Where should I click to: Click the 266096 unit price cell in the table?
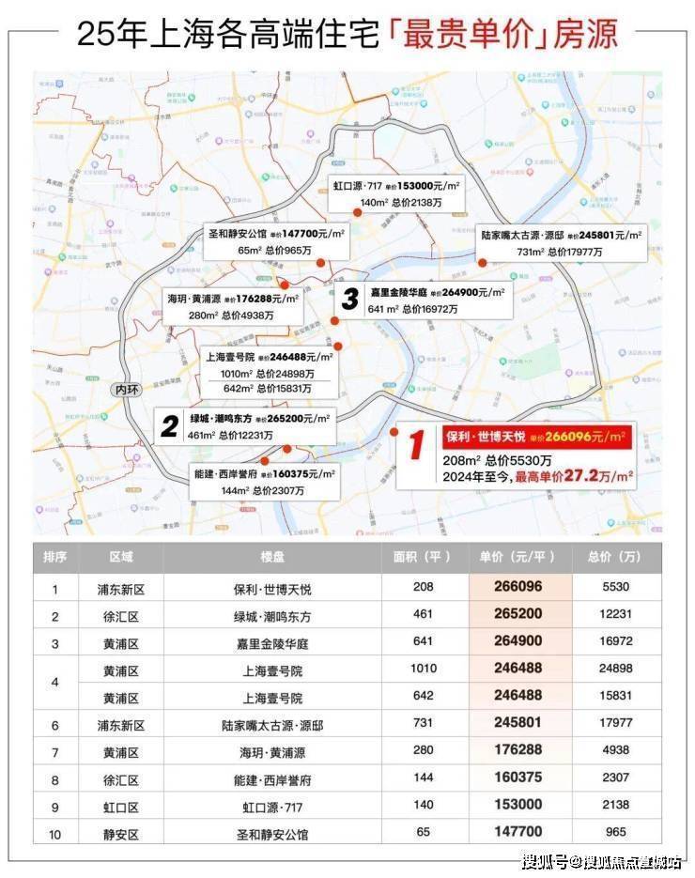(519, 588)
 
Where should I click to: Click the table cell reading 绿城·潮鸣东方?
(272, 615)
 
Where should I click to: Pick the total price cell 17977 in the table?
(616, 725)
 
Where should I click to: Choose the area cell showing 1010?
(424, 670)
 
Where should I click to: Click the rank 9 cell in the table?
(54, 807)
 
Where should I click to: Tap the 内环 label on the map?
(124, 389)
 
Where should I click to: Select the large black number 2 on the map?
(170, 427)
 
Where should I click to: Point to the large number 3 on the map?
(349, 300)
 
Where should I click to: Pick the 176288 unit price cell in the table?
(519, 752)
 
